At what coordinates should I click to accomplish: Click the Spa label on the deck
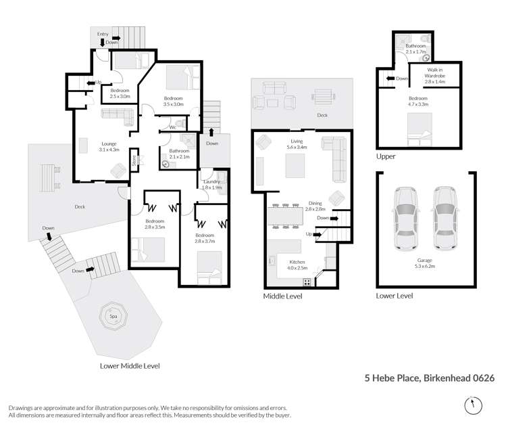[112, 316]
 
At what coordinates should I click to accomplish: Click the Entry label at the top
[103, 34]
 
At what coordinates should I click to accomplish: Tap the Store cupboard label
[134, 160]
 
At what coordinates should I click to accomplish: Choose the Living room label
[297, 141]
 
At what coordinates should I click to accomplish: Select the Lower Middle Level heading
[129, 365]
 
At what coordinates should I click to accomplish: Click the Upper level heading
[386, 156]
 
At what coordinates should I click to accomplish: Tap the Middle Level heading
[282, 296]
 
